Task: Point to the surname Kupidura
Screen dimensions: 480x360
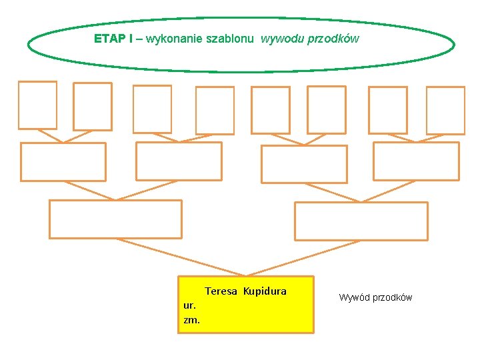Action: click(x=265, y=291)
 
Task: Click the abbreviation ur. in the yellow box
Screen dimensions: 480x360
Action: click(x=189, y=305)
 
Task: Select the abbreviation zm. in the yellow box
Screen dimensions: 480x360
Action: click(x=191, y=319)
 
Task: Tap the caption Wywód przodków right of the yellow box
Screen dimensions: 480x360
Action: click(x=375, y=297)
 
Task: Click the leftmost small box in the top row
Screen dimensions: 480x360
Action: click(x=37, y=105)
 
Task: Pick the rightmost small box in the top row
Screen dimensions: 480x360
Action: click(x=445, y=110)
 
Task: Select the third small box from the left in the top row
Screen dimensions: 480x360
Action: click(x=152, y=109)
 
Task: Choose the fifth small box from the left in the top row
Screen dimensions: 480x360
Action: click(x=270, y=110)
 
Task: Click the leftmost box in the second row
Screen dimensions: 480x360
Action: click(x=63, y=161)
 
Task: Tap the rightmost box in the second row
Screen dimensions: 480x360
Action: click(x=416, y=161)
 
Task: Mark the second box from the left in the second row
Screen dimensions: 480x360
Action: click(x=179, y=161)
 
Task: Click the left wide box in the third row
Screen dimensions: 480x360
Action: click(x=115, y=219)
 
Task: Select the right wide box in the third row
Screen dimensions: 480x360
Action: click(x=361, y=221)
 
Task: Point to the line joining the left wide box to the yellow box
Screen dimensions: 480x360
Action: click(x=180, y=257)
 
